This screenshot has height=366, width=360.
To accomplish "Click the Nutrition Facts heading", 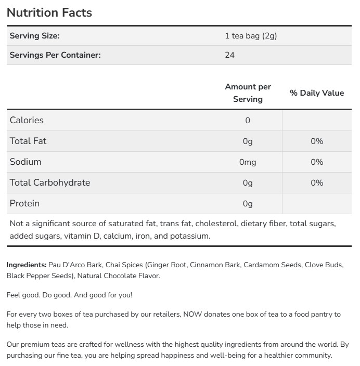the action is (x=49, y=12).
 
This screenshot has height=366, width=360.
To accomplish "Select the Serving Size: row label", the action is (x=34, y=36).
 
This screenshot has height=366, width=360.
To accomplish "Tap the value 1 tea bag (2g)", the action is (x=251, y=36).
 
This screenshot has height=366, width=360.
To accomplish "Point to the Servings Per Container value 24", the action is (x=229, y=55).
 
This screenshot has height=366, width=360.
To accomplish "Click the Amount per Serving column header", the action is (x=248, y=93).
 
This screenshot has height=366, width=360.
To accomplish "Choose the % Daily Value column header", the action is (x=317, y=93).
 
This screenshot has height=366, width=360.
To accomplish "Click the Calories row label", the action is (x=27, y=120).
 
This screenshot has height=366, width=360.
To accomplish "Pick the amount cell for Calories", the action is (x=248, y=121).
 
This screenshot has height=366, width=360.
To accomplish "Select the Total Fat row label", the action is (x=28, y=141).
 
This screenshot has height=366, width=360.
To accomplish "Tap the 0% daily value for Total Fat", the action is (x=317, y=141).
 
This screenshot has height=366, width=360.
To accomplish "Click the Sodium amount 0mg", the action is (x=248, y=162).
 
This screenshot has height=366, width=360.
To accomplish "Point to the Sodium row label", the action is (x=25, y=162).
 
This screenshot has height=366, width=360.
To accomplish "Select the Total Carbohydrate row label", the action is (x=50, y=182).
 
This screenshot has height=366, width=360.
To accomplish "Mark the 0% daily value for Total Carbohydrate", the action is (x=317, y=183).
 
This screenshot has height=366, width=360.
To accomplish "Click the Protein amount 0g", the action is (x=248, y=204).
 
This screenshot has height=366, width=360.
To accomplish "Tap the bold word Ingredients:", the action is (x=27, y=265).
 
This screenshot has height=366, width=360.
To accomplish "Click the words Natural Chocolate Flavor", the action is (x=119, y=276).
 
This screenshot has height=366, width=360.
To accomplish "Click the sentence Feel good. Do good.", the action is (x=39, y=295).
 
